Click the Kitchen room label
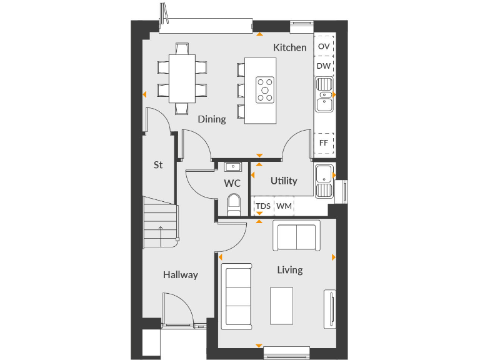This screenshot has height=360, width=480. (289, 47)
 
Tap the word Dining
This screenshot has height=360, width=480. (212, 119)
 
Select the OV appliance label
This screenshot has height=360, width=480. (324, 47)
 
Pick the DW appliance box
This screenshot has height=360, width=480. (324, 66)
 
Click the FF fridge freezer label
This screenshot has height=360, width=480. (324, 142)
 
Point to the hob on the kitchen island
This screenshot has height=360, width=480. (265, 89)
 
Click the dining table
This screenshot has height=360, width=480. (182, 77)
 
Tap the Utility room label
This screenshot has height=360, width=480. (284, 181)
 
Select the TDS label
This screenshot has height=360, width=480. (263, 206)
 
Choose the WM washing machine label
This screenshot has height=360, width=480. (284, 206)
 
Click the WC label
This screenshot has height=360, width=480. (232, 184)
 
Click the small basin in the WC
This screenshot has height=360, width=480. (233, 166)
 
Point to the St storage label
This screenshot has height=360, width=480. (158, 165)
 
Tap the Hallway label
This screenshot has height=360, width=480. (181, 274)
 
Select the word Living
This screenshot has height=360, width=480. (290, 270)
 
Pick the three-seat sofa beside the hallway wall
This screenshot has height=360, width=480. (237, 296)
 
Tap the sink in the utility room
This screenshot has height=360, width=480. (324, 181)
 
